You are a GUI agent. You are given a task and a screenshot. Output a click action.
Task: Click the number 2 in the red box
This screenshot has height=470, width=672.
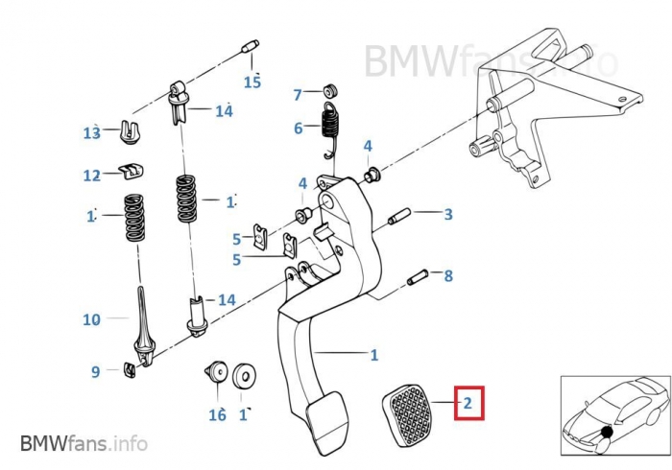468,403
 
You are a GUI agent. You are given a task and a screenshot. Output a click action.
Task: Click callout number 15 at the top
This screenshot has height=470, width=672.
252,82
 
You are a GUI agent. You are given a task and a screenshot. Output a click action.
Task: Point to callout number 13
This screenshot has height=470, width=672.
91,133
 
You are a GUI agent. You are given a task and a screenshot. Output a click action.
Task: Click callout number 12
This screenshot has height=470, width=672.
91,176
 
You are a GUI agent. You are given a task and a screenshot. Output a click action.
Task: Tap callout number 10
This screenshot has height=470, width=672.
91,319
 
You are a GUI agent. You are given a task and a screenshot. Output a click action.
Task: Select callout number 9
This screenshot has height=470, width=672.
95,371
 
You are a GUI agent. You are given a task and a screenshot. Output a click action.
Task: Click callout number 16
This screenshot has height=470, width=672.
218,414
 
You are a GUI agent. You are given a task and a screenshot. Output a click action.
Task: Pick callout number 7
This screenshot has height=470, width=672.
298,94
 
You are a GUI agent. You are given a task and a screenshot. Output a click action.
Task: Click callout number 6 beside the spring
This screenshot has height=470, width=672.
298,128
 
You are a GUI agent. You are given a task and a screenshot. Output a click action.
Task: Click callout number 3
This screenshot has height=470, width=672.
447,215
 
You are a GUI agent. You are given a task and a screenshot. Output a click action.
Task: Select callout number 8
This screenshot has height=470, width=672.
447,276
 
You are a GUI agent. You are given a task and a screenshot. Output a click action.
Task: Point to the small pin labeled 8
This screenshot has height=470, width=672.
417,278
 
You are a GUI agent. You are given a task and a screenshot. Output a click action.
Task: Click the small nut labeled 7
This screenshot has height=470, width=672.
329,89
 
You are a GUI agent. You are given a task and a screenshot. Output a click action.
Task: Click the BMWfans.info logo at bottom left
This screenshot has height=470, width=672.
84,443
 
